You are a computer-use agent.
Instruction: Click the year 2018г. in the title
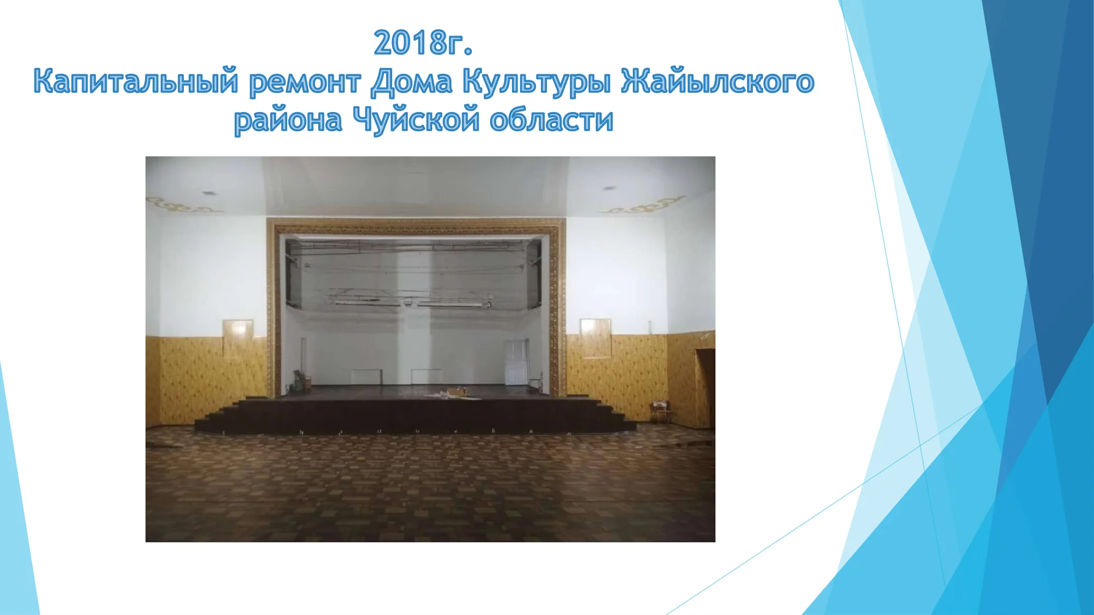click(x=423, y=43)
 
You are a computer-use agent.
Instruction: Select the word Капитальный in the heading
click(x=136, y=81)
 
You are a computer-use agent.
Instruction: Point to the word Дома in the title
click(x=412, y=82)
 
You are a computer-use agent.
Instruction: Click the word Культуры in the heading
click(x=537, y=83)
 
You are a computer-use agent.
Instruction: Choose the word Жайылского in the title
click(x=718, y=81)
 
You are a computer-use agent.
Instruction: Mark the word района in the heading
click(x=288, y=121)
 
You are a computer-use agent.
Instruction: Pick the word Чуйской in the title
click(x=416, y=120)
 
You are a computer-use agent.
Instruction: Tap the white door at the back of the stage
click(x=515, y=361)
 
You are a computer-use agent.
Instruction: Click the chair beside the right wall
click(x=660, y=412)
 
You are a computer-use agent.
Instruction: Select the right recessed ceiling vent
click(x=608, y=189)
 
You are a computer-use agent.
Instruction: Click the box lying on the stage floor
click(x=456, y=392)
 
